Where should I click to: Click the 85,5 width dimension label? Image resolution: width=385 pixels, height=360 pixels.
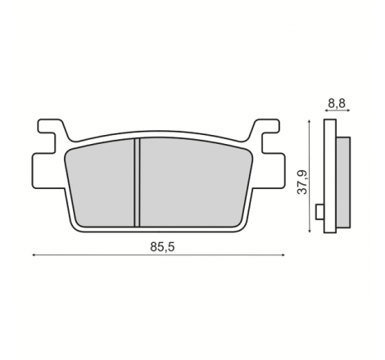[162, 247]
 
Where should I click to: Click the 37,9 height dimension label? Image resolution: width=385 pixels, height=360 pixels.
[302, 182]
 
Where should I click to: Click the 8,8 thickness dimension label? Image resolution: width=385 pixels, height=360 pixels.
[337, 103]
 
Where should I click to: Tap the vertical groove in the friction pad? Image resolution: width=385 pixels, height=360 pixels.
[137, 182]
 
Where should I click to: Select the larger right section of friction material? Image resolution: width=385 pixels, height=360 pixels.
[194, 182]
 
